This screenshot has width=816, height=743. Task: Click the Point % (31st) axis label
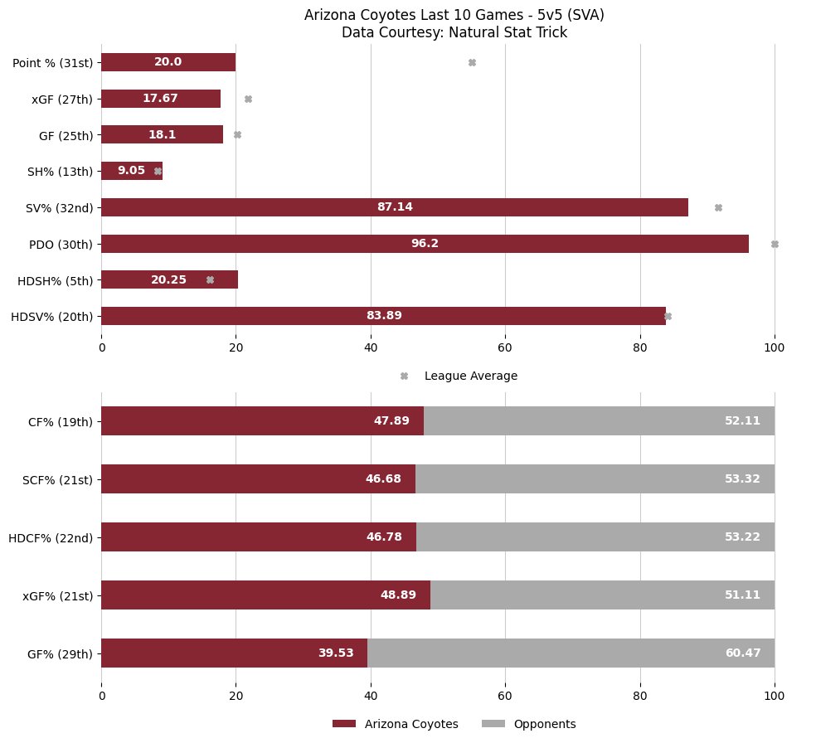[x=55, y=62]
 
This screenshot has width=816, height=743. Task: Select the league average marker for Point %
[x=472, y=62]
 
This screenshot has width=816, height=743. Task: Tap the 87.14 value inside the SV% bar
[x=395, y=207]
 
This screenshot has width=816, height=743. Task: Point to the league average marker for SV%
[x=718, y=207]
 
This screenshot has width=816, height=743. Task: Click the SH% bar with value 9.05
[x=131, y=171]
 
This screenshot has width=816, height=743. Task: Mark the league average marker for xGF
[x=248, y=99]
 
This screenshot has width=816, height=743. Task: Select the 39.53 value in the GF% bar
[x=336, y=653]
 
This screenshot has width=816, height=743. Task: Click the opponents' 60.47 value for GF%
[x=742, y=653]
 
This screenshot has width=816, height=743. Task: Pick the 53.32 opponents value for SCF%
[x=742, y=479]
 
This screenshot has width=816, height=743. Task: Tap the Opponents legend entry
[x=544, y=724]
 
